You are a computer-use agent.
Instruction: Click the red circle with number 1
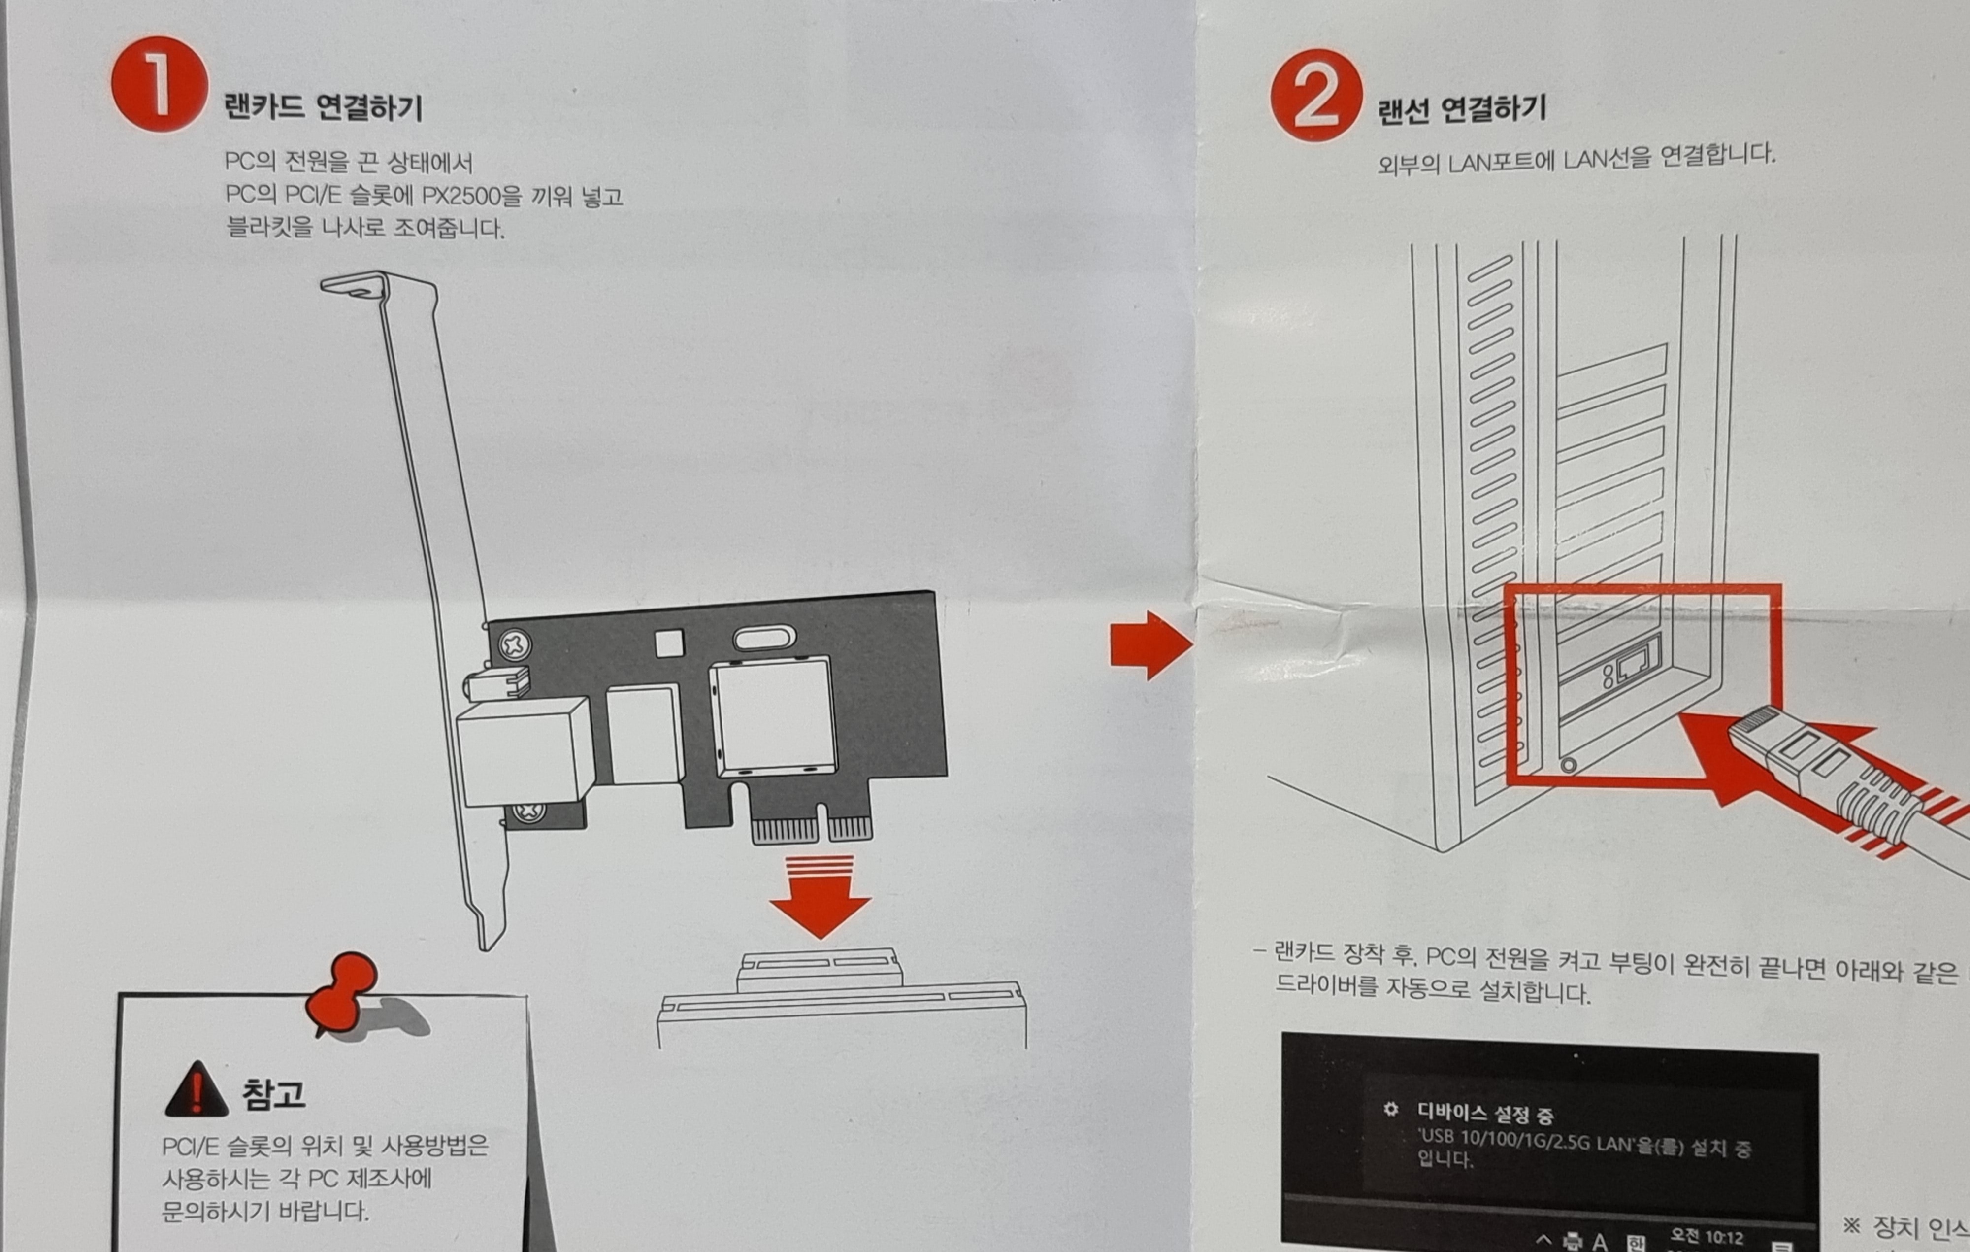tap(160, 83)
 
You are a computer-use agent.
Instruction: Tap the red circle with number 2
tap(1316, 95)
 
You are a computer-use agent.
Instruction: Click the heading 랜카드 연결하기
tap(323, 106)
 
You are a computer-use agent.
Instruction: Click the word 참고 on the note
tap(273, 1093)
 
